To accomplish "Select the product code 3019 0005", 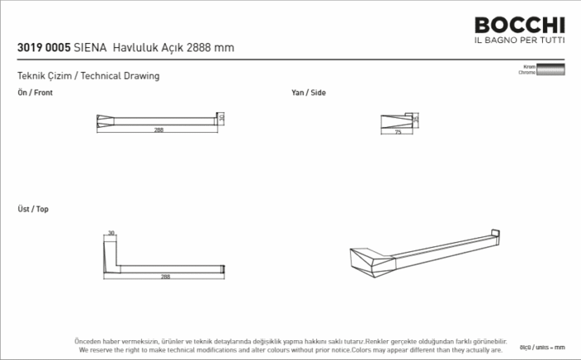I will click(43, 47).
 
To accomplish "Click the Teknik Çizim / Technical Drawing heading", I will click(88, 75).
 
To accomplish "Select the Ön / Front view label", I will click(35, 93).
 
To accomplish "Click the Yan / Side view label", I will click(308, 93).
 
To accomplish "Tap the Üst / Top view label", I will click(33, 209).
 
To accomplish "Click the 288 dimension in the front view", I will click(159, 130).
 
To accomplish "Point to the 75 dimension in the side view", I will click(398, 132).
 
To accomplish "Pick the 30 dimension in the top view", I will click(110, 234).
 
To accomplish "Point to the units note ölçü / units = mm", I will click(548, 346).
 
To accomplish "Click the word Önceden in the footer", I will click(89, 341).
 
